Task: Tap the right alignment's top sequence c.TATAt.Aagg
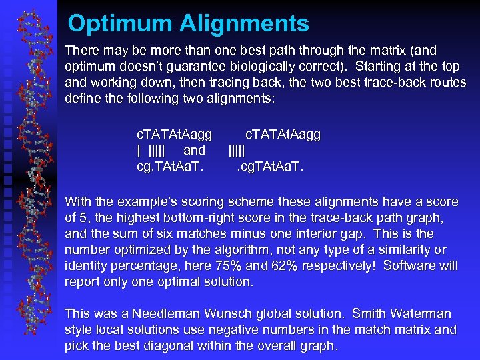pos(283,135)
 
